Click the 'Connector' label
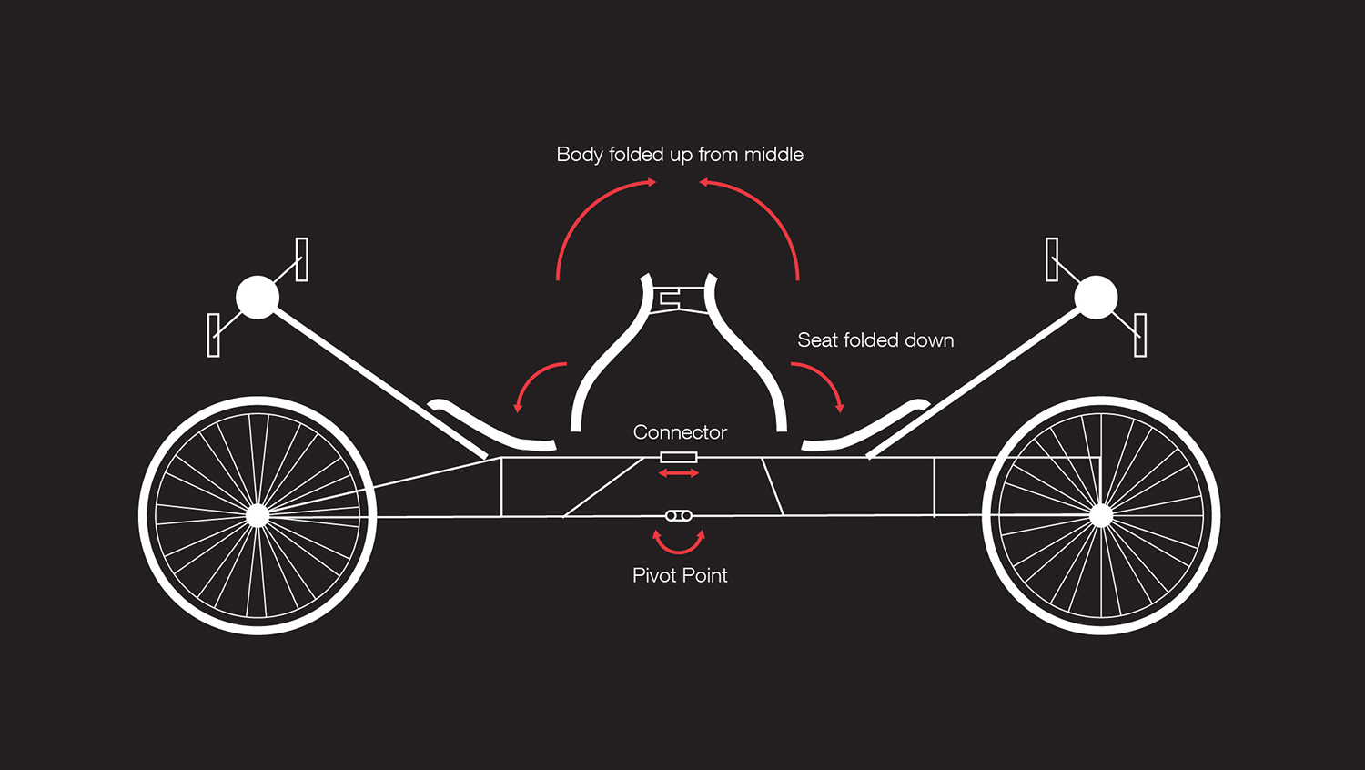pyautogui.click(x=680, y=432)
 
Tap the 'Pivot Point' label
pyautogui.click(x=680, y=575)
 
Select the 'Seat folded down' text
pyautogui.click(x=875, y=340)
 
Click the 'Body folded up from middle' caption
pyautogui.click(x=680, y=155)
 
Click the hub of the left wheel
pyautogui.click(x=258, y=515)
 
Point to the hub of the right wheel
pyautogui.click(x=1101, y=515)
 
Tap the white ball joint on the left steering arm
pyautogui.click(x=258, y=298)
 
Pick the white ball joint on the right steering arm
pyautogui.click(x=1096, y=298)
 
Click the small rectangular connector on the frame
pyautogui.click(x=679, y=457)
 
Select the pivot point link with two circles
pyautogui.click(x=679, y=516)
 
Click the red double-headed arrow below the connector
pyautogui.click(x=679, y=473)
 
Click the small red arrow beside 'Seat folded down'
pyautogui.click(x=824, y=380)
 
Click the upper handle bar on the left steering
pyautogui.click(x=302, y=259)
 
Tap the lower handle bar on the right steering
pyautogui.click(x=1140, y=334)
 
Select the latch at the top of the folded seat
pyautogui.click(x=679, y=298)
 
